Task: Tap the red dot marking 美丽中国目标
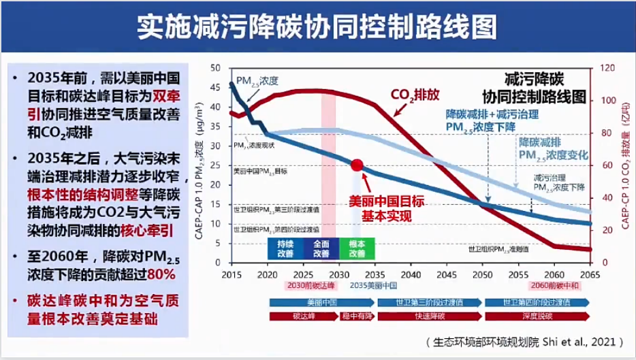(x=357, y=165)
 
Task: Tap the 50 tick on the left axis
(x=218, y=68)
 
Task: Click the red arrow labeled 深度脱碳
(x=536, y=316)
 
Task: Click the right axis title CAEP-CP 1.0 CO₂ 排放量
(x=626, y=163)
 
